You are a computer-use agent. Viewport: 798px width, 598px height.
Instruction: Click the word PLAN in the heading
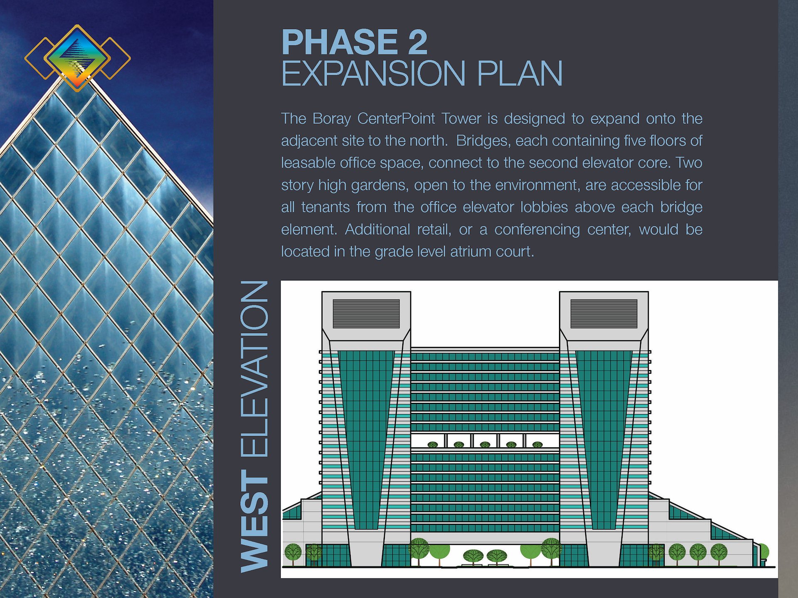point(520,74)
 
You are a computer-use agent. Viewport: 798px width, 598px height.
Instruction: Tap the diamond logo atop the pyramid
point(77,58)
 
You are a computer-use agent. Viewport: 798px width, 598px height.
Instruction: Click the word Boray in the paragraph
point(332,119)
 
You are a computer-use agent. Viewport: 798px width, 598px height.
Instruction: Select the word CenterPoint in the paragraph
point(396,119)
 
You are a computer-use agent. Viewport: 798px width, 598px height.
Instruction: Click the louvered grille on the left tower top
point(366,314)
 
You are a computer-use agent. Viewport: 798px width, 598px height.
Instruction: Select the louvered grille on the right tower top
point(604,314)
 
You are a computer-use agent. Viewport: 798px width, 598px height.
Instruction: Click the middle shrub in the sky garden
point(485,445)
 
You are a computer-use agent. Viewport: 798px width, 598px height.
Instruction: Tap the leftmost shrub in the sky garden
point(433,445)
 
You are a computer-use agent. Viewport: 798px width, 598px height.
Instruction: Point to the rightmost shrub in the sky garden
point(537,445)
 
